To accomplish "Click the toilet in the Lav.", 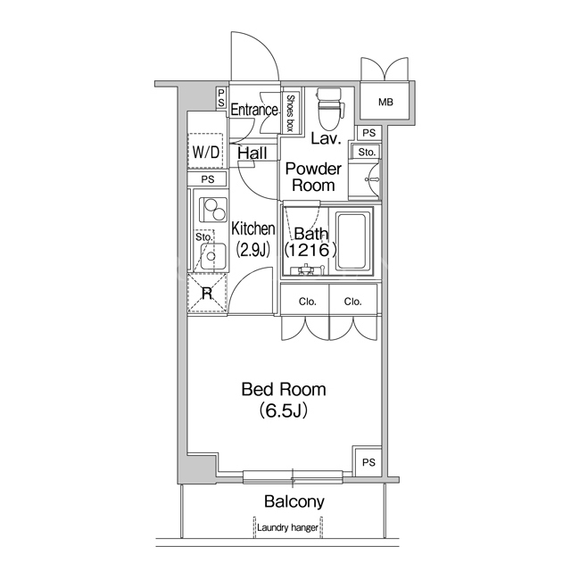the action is pyautogui.click(x=329, y=109).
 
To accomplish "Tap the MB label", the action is pyautogui.click(x=385, y=103).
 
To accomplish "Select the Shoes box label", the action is pyautogui.click(x=290, y=113).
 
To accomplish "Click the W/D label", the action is pyautogui.click(x=206, y=152).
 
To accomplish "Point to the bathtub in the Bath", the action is pyautogui.click(x=351, y=242).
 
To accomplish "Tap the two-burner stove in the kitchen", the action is pyautogui.click(x=213, y=211).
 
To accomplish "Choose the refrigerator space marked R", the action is pyautogui.click(x=207, y=293).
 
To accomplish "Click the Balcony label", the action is pyautogui.click(x=294, y=501).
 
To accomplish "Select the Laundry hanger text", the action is pyautogui.click(x=287, y=527).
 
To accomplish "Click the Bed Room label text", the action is pyautogui.click(x=284, y=389).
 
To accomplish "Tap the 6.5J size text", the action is pyautogui.click(x=284, y=410).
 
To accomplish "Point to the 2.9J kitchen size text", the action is pyautogui.click(x=253, y=250).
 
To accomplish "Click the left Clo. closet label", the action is pyautogui.click(x=307, y=302).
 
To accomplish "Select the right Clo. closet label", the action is pyautogui.click(x=353, y=302).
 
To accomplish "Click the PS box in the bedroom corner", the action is pyautogui.click(x=368, y=462).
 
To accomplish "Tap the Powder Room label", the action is pyautogui.click(x=313, y=177).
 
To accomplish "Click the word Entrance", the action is pyautogui.click(x=254, y=109).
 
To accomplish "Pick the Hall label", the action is pyautogui.click(x=252, y=153).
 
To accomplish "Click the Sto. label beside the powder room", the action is pyautogui.click(x=367, y=153).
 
